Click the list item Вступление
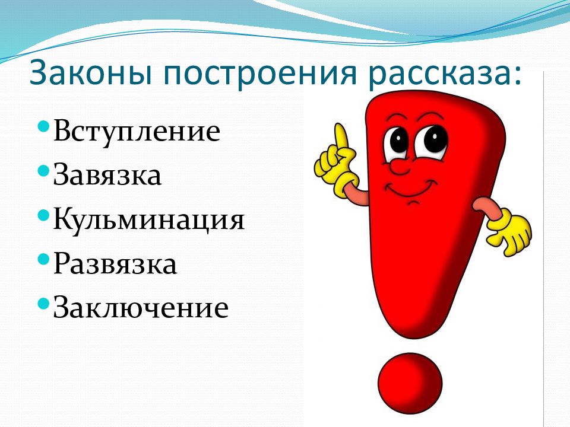point(137,131)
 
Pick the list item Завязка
point(107,176)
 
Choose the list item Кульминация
point(149,220)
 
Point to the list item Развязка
point(115,265)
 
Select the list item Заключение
point(141,308)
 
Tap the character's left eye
point(397,141)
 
